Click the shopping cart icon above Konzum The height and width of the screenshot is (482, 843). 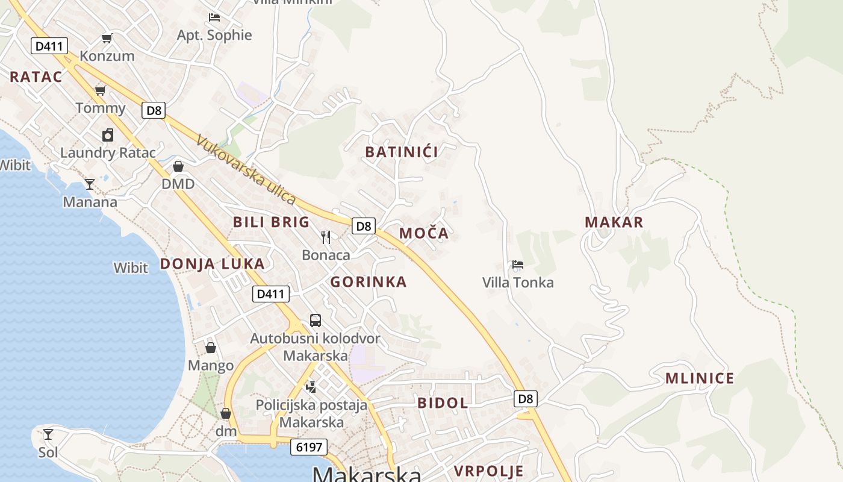click(107, 39)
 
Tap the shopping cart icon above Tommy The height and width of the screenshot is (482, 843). click(100, 91)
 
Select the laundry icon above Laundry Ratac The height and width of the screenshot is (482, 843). click(107, 135)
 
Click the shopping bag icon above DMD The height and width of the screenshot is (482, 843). click(178, 166)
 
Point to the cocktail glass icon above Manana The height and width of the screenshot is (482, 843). click(90, 184)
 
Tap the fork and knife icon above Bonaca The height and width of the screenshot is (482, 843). click(326, 237)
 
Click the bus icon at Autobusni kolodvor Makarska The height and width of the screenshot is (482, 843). click(316, 321)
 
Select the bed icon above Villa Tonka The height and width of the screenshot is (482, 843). click(517, 264)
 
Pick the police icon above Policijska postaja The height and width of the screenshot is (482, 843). click(311, 387)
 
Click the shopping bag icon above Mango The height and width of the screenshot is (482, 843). click(211, 348)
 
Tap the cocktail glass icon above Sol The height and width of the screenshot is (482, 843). click(48, 434)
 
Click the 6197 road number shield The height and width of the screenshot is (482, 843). click(309, 447)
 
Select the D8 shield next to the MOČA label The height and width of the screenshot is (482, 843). click(364, 226)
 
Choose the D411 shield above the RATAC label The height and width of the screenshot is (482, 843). click(49, 46)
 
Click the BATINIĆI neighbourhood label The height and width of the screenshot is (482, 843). click(402, 152)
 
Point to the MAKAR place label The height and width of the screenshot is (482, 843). click(614, 222)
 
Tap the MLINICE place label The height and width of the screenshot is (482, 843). click(699, 378)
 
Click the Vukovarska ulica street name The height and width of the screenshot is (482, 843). click(246, 170)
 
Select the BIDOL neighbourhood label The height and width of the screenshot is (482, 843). click(443, 403)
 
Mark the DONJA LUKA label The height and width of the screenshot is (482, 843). click(212, 263)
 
